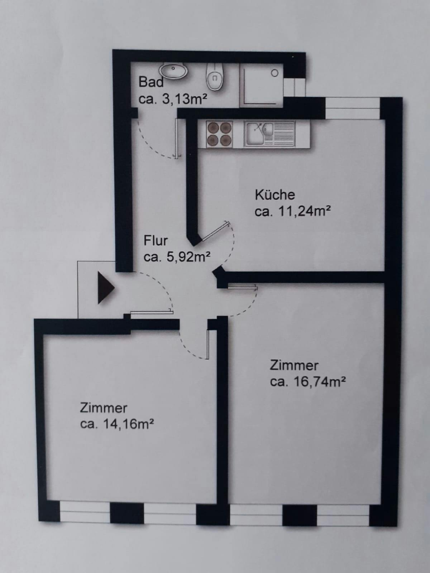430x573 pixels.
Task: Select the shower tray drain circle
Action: (x=274, y=73)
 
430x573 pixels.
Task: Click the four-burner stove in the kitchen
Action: (x=219, y=134)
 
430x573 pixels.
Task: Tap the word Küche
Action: (x=275, y=195)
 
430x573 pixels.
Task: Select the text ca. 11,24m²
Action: (x=293, y=211)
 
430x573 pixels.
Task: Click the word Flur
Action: (x=156, y=240)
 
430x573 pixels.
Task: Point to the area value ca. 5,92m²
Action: (x=177, y=257)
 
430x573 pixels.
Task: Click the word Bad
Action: (x=151, y=82)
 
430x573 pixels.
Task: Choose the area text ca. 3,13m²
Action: (x=173, y=99)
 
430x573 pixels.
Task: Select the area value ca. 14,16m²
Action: (x=116, y=424)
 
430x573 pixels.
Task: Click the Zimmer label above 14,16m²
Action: (x=104, y=408)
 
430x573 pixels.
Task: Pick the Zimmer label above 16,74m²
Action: (x=294, y=366)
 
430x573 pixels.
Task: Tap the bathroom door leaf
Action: (x=177, y=138)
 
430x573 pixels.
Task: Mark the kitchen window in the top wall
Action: (x=353, y=108)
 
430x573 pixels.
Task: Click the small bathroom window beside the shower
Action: (x=295, y=87)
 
